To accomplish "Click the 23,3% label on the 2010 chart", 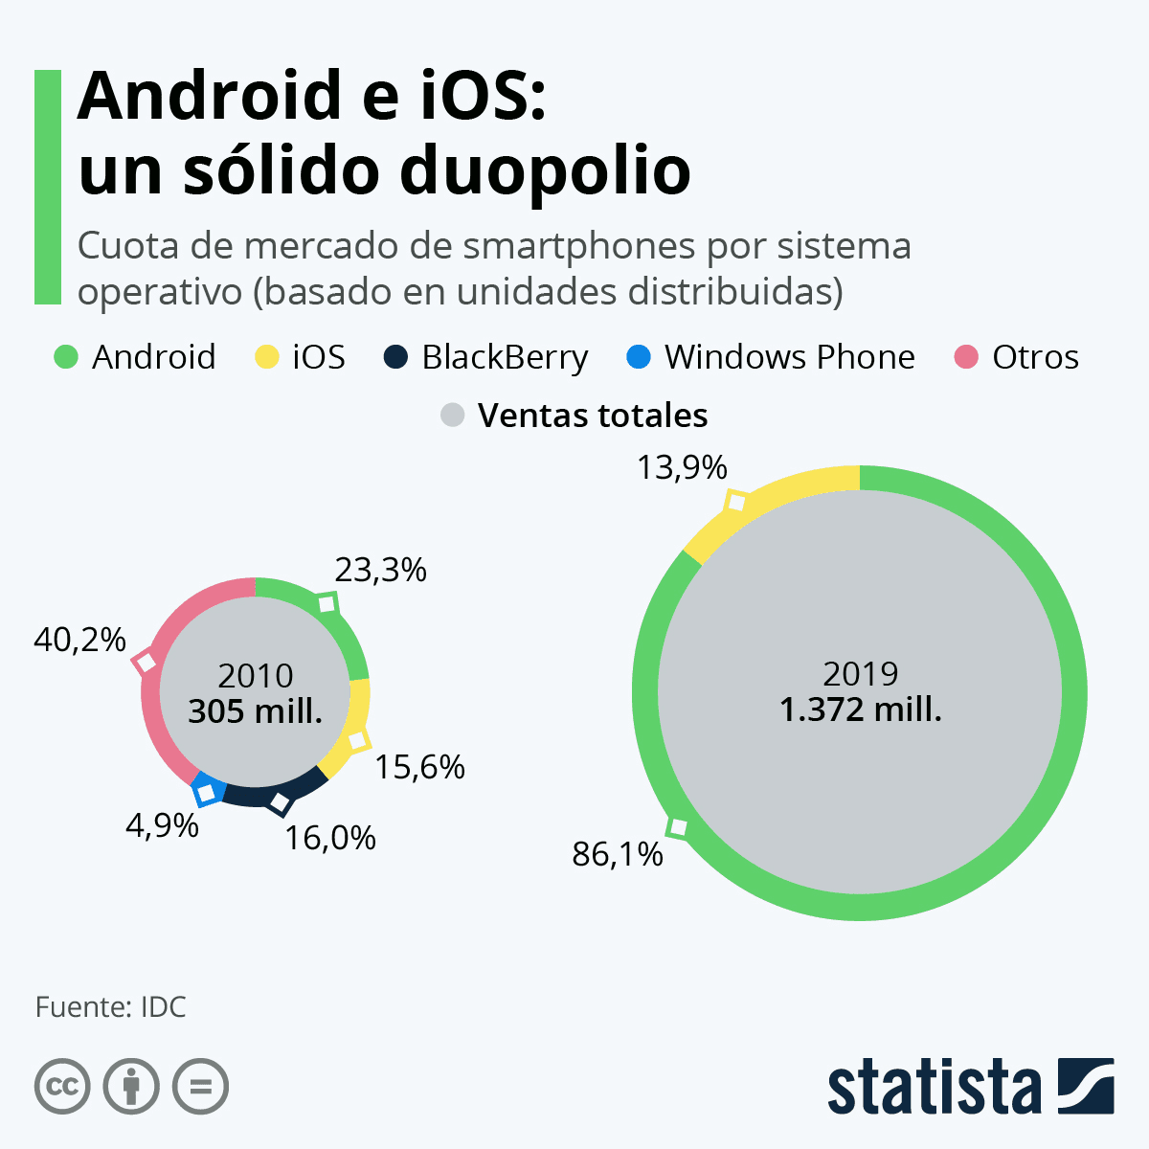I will tap(380, 571).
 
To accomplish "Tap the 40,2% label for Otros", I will tap(79, 640).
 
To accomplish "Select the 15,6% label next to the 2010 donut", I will tap(419, 767).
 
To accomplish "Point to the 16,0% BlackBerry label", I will tap(330, 839).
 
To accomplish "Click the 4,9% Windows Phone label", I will tap(162, 824).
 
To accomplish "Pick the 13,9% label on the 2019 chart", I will tap(682, 468).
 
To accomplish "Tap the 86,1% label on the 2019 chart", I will tap(618, 854).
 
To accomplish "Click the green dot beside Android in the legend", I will tap(65, 357).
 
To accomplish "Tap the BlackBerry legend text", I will tap(505, 357).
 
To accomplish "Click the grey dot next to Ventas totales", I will tap(452, 416).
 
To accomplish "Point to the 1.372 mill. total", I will tap(860, 710).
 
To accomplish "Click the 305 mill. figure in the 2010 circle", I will tap(255, 711).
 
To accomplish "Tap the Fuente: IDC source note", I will tap(111, 1007).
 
